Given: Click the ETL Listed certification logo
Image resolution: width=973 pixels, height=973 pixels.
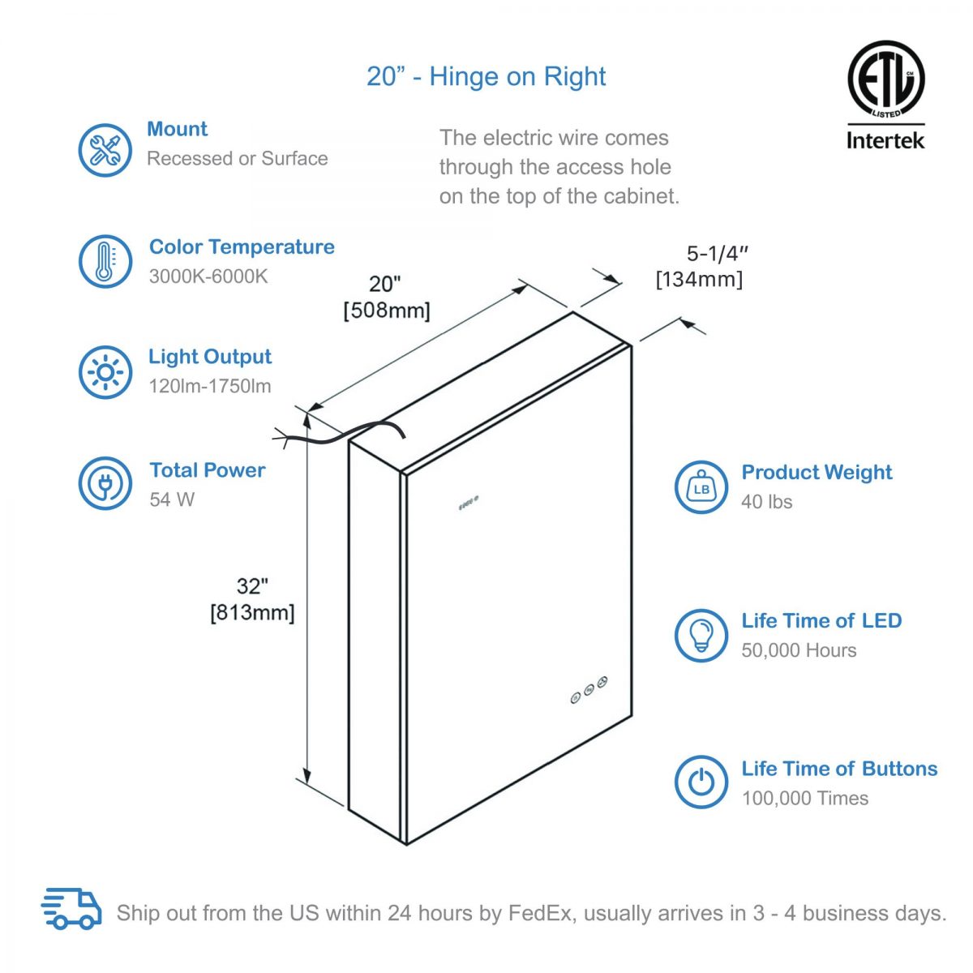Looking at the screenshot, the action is tap(885, 79).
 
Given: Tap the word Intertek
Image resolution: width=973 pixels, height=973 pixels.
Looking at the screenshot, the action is tap(885, 140).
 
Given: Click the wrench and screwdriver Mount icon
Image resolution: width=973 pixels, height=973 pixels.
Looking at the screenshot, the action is tap(105, 150).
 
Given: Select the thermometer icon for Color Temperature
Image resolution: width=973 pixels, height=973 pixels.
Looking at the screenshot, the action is tap(105, 261).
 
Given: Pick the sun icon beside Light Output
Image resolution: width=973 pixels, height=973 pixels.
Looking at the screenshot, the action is tap(105, 372).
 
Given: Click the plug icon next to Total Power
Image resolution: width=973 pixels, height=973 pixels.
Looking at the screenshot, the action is tap(105, 483).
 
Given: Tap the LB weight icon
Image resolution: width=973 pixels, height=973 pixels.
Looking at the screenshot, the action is tap(701, 487).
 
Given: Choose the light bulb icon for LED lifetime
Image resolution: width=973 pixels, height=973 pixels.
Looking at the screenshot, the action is tap(701, 635).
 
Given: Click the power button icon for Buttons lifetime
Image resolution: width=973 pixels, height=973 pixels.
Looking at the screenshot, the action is tap(701, 782).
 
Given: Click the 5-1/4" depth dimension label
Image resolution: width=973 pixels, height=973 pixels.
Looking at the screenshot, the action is tap(717, 254).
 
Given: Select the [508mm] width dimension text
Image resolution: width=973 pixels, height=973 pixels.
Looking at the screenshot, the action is tap(387, 310).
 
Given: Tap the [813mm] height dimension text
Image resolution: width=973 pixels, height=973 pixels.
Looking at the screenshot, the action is tap(252, 612).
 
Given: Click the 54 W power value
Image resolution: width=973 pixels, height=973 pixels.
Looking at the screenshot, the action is tap(172, 499).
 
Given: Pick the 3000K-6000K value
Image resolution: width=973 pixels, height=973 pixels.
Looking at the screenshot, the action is tap(208, 276).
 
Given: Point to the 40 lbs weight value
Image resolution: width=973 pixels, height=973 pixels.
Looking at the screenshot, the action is tap(766, 502).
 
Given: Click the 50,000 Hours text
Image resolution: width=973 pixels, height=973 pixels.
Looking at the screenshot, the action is tap(799, 650).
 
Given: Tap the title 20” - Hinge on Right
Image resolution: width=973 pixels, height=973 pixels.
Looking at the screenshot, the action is tap(486, 77).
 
